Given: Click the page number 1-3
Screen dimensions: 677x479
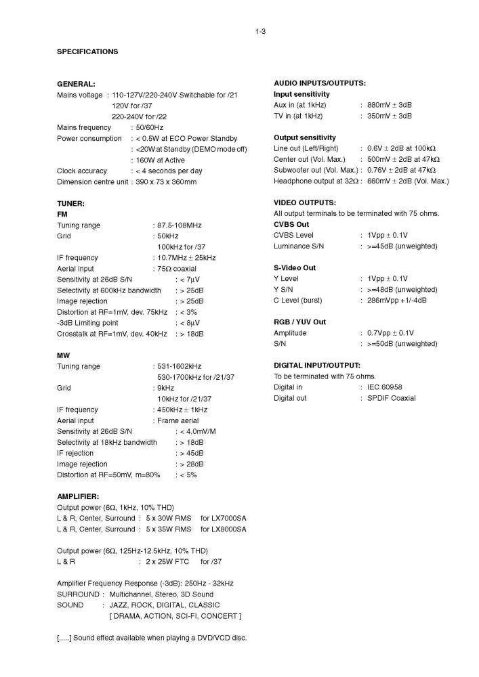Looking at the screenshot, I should (x=260, y=30).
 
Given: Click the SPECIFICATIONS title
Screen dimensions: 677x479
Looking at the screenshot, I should (x=87, y=51).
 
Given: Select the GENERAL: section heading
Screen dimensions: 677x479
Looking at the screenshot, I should (x=76, y=84).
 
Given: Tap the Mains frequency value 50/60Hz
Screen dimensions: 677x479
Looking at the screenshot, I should (x=150, y=127).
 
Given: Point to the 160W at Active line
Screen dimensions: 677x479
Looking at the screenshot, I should (x=161, y=160).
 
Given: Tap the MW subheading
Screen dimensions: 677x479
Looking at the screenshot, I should (x=63, y=355).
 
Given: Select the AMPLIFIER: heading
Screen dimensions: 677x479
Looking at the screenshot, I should (x=79, y=496).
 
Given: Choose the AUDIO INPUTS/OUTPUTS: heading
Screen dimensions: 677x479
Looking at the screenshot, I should (x=320, y=83).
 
